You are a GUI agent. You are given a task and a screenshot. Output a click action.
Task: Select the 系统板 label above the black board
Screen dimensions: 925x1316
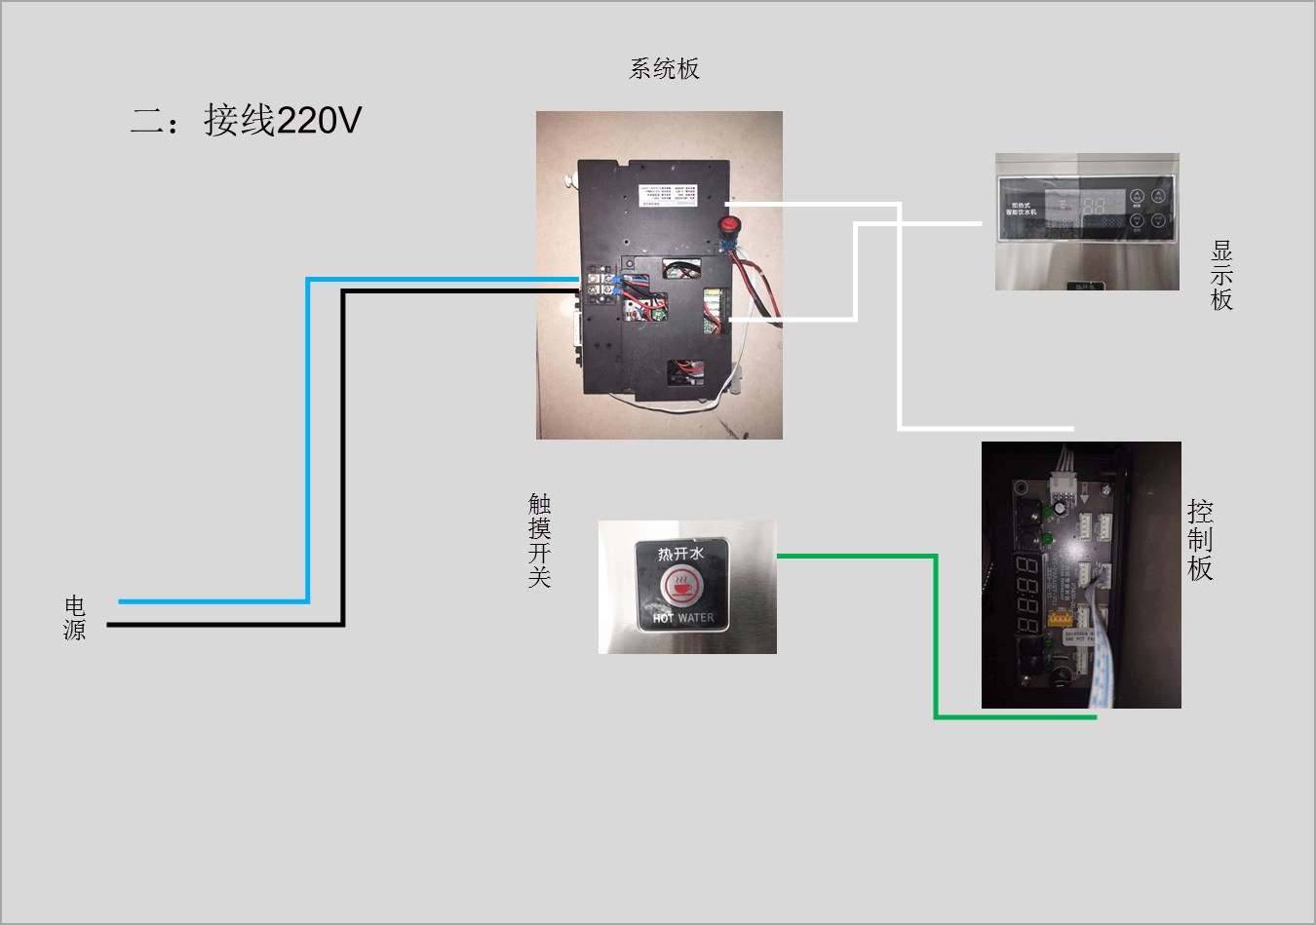[x=664, y=68]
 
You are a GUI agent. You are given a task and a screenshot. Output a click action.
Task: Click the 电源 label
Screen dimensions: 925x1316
[x=75, y=618]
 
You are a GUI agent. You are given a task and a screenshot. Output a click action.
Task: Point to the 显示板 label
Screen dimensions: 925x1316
[x=1221, y=276]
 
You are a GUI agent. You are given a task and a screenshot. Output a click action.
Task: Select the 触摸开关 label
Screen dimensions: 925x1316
[x=539, y=540]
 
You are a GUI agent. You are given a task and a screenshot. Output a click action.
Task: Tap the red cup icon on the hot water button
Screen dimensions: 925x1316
[x=680, y=586]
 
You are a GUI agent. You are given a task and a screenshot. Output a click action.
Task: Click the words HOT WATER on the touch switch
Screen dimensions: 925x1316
[x=683, y=618]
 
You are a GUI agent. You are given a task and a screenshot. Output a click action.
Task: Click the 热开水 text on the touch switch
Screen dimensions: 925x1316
[x=679, y=555]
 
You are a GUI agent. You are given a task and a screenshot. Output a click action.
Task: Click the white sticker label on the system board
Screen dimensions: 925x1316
[x=669, y=195]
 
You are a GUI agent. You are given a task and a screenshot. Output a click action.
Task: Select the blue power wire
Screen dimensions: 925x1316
[x=308, y=439]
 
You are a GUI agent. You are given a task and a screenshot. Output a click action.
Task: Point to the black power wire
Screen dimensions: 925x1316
[x=343, y=458]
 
